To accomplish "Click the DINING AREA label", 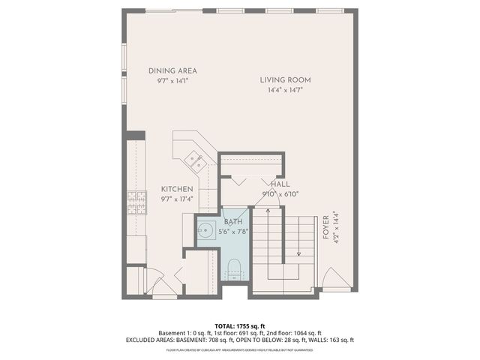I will (172, 70).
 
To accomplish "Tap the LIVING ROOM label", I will (285, 79).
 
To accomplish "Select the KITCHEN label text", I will (177, 189).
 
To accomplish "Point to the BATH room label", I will (233, 223).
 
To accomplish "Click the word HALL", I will (280, 184).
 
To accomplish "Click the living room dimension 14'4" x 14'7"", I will (285, 90).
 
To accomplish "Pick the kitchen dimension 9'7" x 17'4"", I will (177, 199).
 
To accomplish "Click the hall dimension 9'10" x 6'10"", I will (280, 193).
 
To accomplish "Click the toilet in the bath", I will (233, 266).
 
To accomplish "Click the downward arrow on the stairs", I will (298, 252).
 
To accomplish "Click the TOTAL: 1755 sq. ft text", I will (239, 325).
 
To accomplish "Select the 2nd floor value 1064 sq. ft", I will (304, 333).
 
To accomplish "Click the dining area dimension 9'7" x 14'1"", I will (172, 81).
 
